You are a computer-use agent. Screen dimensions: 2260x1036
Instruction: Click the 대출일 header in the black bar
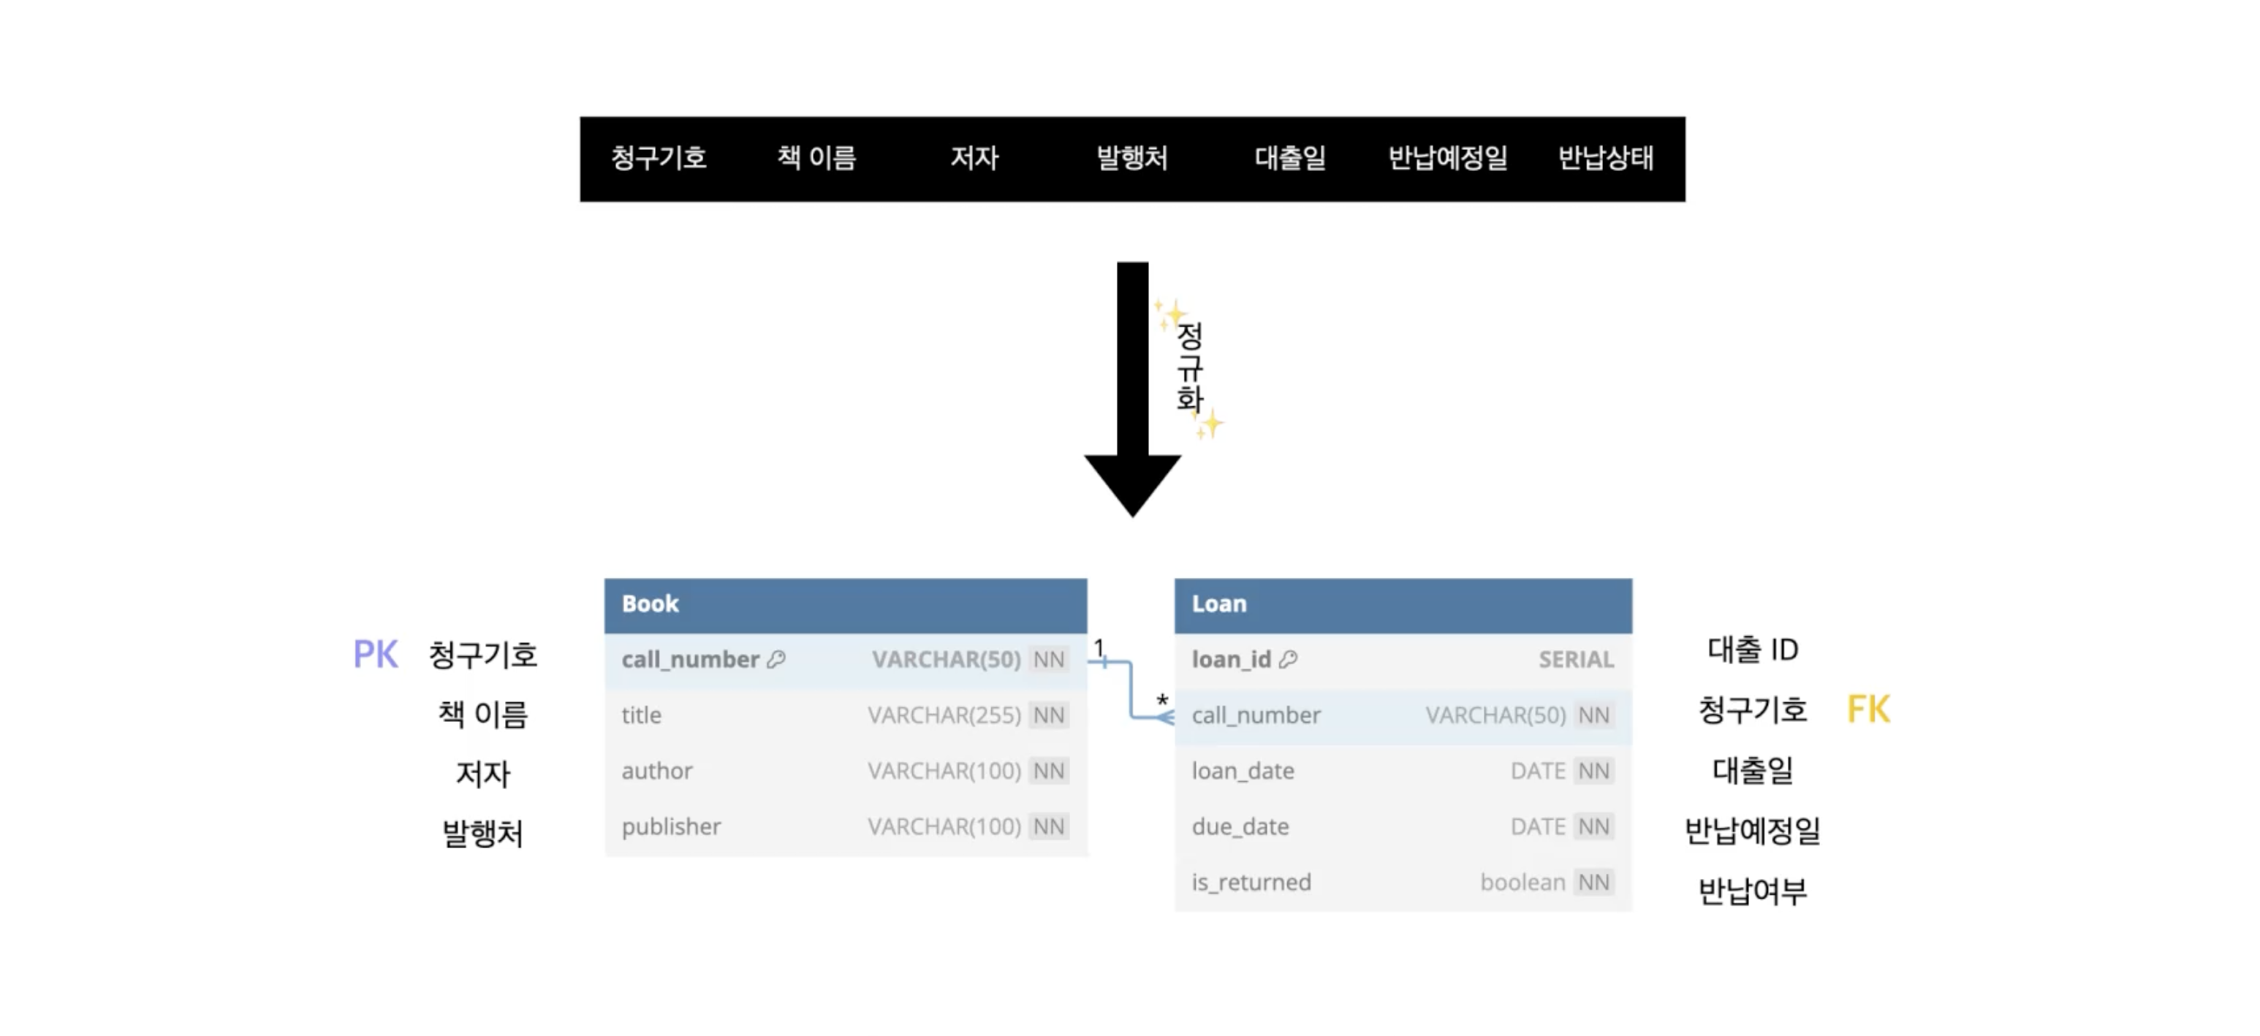tap(1289, 158)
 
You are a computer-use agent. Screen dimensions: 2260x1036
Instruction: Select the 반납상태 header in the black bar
tap(1606, 158)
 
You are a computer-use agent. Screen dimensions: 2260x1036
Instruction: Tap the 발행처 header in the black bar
tap(1131, 158)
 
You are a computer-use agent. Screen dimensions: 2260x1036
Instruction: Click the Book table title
tap(650, 603)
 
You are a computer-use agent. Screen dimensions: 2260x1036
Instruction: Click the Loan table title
tap(1218, 603)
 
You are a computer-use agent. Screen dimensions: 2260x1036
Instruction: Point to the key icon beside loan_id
tap(1288, 659)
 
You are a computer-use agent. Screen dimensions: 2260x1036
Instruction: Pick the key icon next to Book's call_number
tap(776, 659)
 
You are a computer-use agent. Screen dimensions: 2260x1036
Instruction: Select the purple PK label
tap(375, 655)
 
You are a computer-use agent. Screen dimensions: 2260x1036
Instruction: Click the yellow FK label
tap(1867, 709)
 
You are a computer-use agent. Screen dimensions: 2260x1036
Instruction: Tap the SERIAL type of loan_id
tap(1576, 660)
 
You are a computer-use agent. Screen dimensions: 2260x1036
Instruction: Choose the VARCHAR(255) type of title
tap(944, 715)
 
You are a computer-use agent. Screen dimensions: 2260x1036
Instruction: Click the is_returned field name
tap(1251, 883)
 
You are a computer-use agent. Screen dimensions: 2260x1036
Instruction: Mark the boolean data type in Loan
tap(1523, 883)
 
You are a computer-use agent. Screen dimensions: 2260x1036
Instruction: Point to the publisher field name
tap(671, 827)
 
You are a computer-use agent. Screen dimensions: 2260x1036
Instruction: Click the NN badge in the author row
tap(1048, 771)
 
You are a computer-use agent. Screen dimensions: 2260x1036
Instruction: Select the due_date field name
tap(1240, 827)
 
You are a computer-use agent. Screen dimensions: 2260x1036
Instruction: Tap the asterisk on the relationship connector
tap(1162, 700)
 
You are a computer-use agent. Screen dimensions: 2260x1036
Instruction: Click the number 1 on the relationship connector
tap(1099, 647)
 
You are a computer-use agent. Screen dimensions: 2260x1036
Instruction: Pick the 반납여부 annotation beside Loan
tap(1752, 891)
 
